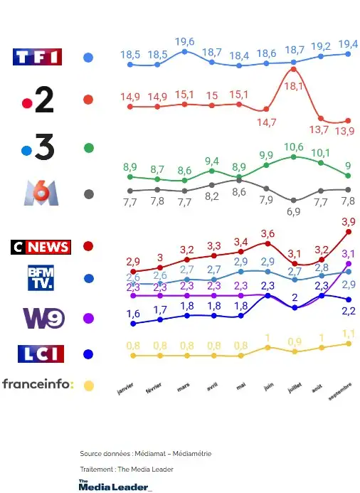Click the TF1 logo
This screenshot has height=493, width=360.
[x=38, y=58]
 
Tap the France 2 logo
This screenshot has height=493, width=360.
[x=38, y=101]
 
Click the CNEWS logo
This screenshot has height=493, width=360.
[x=41, y=247]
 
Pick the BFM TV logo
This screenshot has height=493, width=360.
[x=41, y=278]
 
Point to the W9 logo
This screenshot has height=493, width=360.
[x=40, y=318]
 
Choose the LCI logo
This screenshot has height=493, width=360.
[x=41, y=353]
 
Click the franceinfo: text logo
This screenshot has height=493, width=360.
[x=38, y=385]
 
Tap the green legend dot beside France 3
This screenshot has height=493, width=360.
[x=88, y=148]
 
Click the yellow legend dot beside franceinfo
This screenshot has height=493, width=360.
[x=88, y=386]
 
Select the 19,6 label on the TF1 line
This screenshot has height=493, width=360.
[x=184, y=41]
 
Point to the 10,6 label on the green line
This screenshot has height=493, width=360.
[x=293, y=147]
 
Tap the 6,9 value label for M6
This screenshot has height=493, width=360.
[x=293, y=212]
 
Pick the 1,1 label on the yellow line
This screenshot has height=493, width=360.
[x=348, y=332]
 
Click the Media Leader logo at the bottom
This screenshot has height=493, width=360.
[x=115, y=485]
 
